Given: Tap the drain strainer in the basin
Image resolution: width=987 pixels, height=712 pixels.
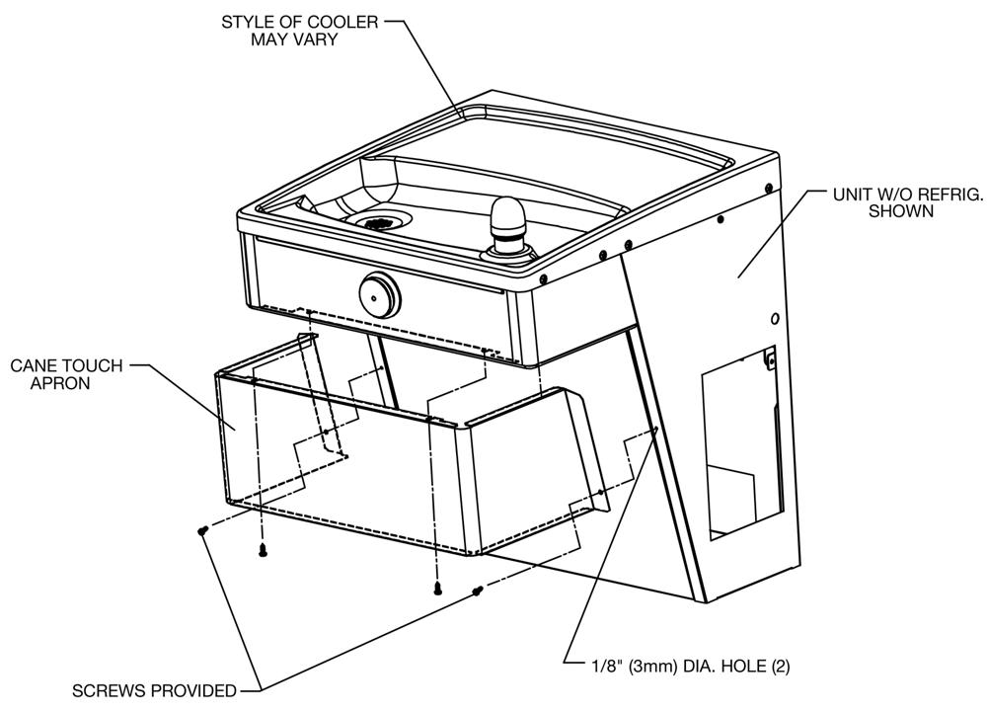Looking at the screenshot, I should pos(374,222).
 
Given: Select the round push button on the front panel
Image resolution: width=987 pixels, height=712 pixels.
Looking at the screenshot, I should pos(378,292).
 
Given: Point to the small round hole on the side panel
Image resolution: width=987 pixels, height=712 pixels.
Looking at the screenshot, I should pos(776,319).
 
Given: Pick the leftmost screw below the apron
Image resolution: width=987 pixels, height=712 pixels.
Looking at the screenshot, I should pos(202,531).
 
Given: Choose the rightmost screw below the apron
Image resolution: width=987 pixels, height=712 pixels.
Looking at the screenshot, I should pos(477,591).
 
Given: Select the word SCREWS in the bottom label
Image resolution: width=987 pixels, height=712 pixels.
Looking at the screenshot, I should pos(106,690).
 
